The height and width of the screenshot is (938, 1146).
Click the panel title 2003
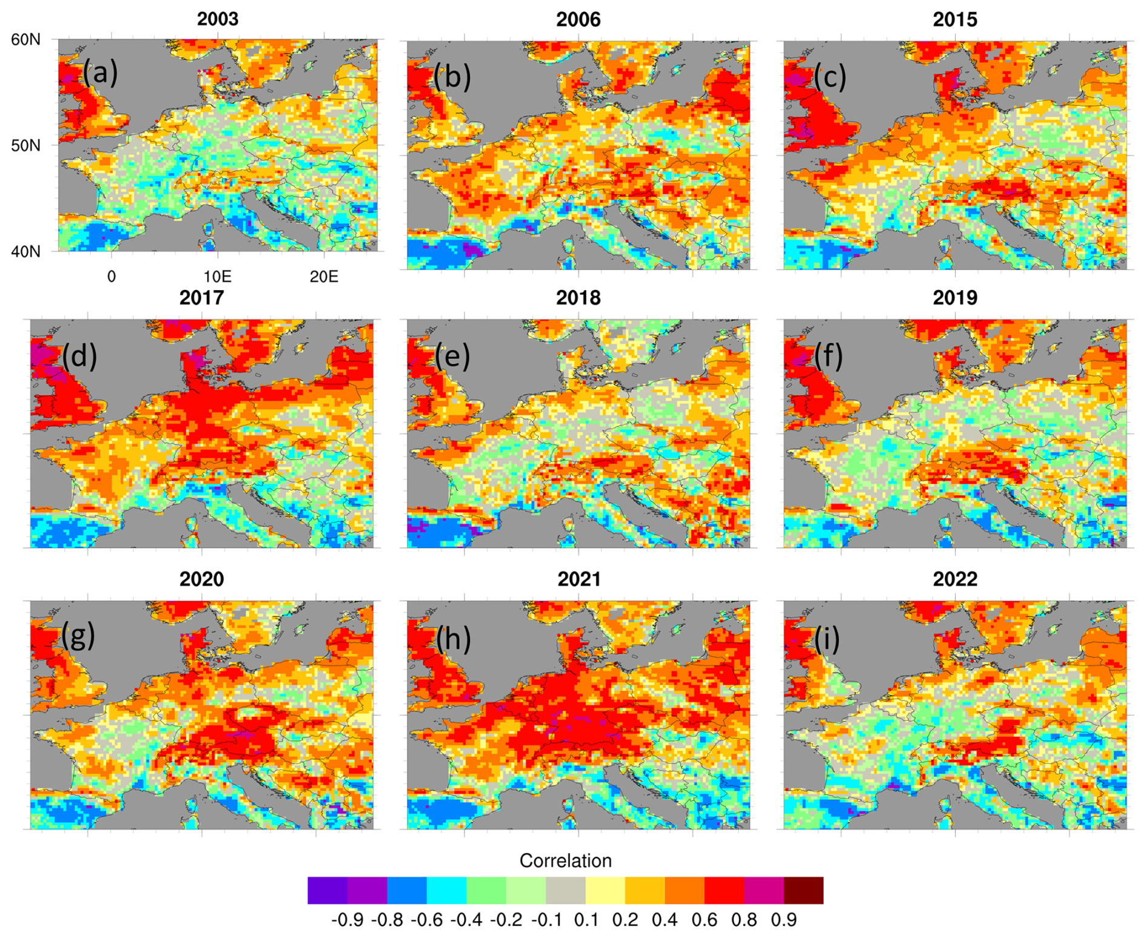[217, 19]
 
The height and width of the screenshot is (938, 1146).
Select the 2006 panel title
[578, 19]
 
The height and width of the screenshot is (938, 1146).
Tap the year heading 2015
[955, 19]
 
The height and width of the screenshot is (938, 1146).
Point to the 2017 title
[201, 298]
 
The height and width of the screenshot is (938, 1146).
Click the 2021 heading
[578, 579]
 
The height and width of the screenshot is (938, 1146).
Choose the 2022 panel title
[955, 579]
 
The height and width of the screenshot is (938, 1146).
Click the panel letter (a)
[100, 73]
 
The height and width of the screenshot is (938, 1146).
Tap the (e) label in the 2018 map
[452, 356]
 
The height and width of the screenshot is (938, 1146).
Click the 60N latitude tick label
[26, 40]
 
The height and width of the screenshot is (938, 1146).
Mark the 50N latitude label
[26, 146]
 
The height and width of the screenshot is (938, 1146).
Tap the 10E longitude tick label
[217, 277]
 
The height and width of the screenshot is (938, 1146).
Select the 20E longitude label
[323, 277]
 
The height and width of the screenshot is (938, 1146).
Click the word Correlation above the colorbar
[565, 860]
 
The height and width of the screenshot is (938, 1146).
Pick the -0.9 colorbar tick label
[347, 920]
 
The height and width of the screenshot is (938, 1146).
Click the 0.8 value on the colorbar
[744, 920]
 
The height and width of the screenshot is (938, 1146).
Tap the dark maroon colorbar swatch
[803, 890]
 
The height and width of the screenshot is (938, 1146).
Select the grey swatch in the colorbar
[565, 890]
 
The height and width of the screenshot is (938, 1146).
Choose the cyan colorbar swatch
[446, 890]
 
